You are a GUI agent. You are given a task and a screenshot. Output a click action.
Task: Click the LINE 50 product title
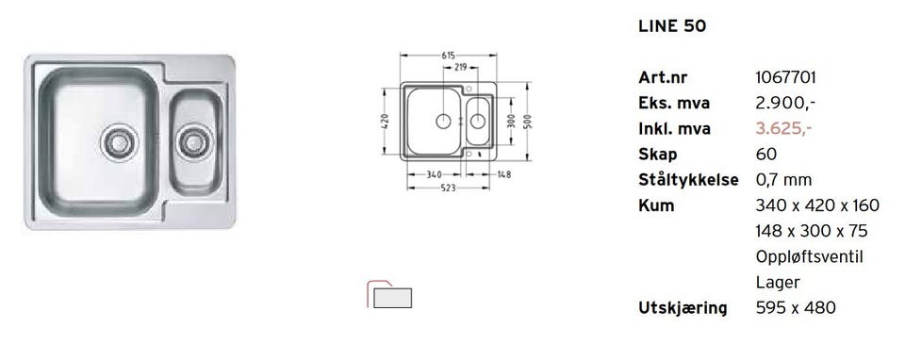pos(672,26)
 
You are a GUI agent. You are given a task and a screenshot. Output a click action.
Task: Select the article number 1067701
pos(785,78)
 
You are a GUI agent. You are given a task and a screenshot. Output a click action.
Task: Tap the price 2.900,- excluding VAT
pos(785,104)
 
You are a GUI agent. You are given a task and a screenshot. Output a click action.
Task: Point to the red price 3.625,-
pos(783,129)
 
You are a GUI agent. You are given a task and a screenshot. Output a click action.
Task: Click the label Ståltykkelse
pos(688,180)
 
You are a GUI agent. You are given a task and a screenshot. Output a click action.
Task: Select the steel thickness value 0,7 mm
pos(783,180)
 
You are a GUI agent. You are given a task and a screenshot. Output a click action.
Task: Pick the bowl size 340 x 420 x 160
pos(817,205)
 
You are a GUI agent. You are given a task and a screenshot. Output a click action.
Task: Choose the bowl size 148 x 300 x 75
pos(812,231)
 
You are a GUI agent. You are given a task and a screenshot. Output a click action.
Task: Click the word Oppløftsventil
pos(809,257)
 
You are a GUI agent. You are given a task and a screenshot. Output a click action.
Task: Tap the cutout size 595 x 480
pos(796,308)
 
